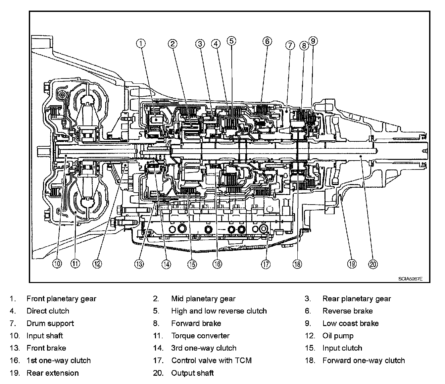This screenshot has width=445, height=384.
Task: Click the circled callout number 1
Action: click(141, 43)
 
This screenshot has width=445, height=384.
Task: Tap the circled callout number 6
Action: click(267, 41)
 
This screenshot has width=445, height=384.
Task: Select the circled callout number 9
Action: click(313, 41)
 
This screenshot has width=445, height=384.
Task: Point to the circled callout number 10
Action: click(57, 264)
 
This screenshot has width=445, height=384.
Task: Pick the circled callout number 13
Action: click(139, 264)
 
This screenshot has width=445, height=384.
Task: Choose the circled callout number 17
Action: click(266, 264)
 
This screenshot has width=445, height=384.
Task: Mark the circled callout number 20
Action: click(373, 264)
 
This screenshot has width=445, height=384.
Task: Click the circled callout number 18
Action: click(297, 264)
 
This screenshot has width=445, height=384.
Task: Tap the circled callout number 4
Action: click(216, 44)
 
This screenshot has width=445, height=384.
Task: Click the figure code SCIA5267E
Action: click(410, 279)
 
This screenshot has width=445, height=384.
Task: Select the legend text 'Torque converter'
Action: click(200, 336)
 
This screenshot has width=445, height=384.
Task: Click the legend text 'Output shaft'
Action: click(192, 373)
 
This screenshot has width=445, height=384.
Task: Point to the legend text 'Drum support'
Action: click(50, 323)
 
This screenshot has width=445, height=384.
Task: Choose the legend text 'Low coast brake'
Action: click(350, 323)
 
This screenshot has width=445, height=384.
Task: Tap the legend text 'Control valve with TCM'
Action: click(211, 360)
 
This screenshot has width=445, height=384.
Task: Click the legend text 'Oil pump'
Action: click(338, 336)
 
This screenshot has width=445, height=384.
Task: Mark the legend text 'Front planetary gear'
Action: click(61, 299)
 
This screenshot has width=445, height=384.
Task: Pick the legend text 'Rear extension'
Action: click(53, 373)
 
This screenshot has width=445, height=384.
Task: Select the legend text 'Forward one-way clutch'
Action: click(364, 360)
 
